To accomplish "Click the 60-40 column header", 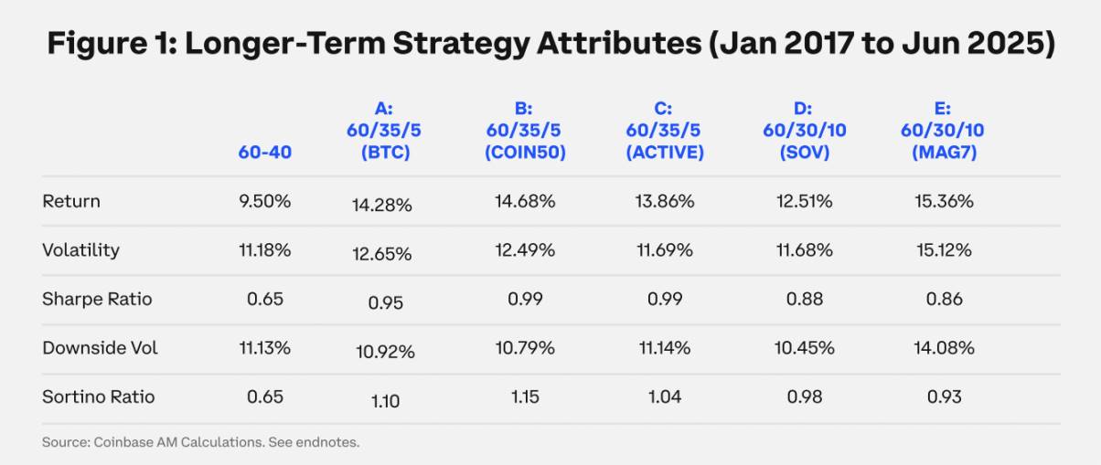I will point(264,152).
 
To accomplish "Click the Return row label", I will point(71,201).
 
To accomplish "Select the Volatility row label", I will point(80,250).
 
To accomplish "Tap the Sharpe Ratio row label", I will point(97,300).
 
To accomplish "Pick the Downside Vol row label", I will point(100,348).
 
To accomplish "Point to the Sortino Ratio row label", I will point(98,397).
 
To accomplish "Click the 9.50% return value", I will point(264,201).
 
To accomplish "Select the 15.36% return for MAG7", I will point(945,201).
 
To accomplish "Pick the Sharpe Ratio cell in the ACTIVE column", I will point(665,300).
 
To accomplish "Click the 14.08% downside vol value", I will point(945,348).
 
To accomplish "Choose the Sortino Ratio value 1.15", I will point(525,397).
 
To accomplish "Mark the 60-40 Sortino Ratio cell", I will point(264,397).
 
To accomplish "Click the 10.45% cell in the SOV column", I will point(805,348).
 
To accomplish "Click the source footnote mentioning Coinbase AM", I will point(200,443).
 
